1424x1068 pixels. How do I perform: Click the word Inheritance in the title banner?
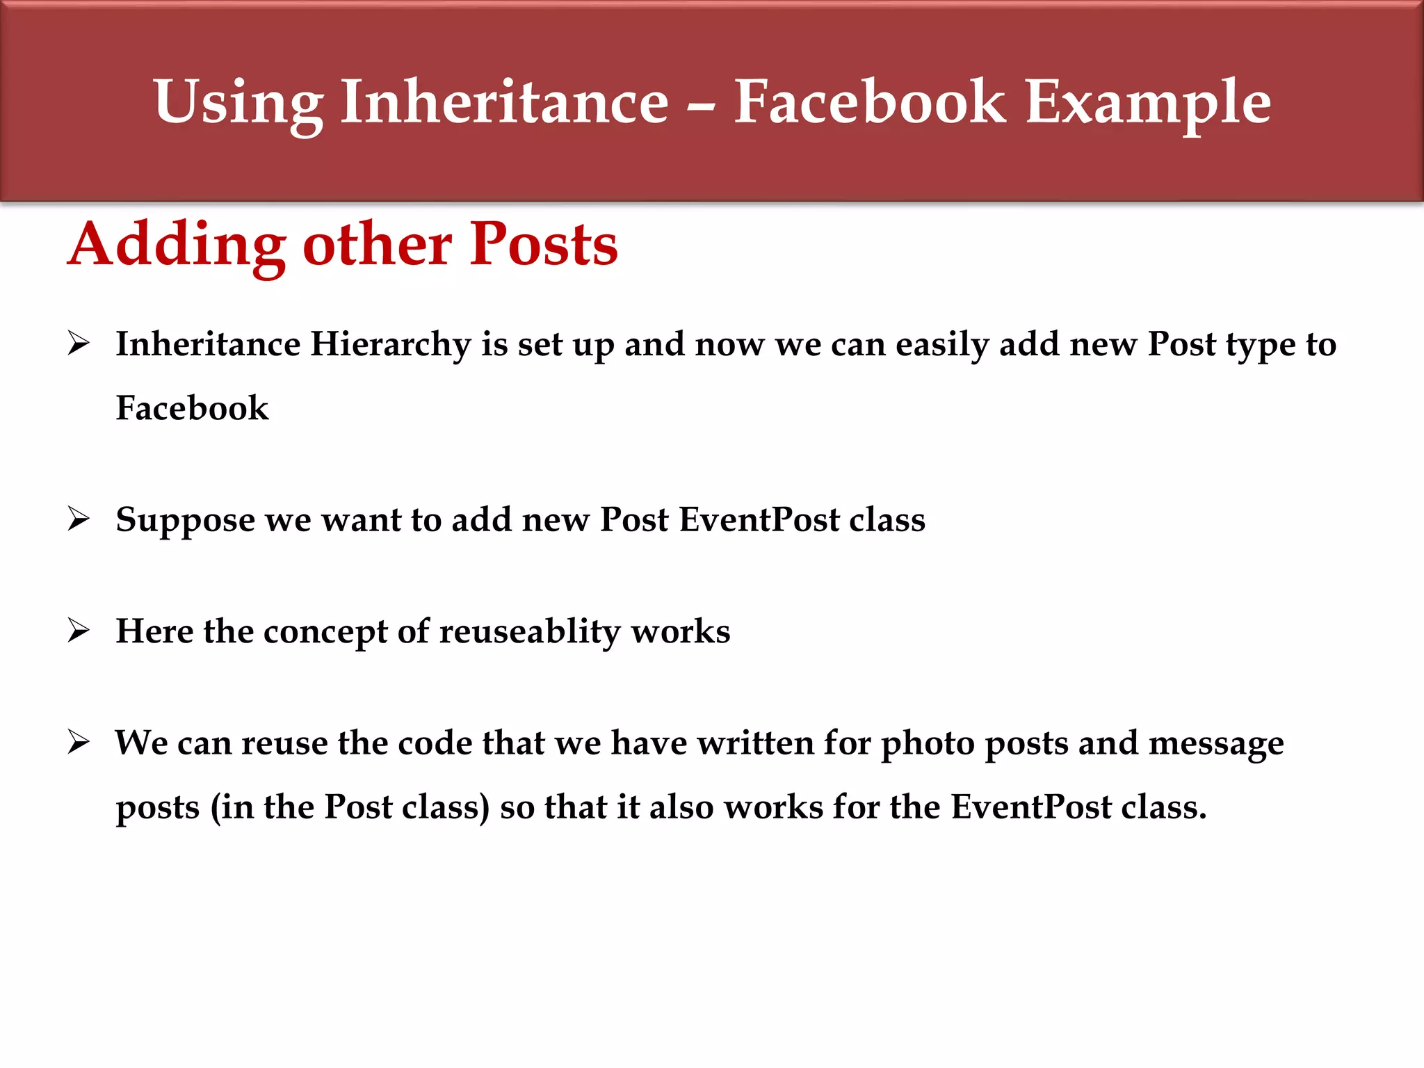click(504, 102)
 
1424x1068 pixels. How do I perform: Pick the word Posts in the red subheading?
click(544, 245)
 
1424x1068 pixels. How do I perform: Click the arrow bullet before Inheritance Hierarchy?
click(79, 343)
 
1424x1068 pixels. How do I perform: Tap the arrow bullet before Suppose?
click(79, 519)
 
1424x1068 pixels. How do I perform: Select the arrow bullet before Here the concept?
click(79, 631)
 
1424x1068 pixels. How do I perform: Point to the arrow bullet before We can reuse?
click(79, 743)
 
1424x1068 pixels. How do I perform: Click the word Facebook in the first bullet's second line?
click(192, 408)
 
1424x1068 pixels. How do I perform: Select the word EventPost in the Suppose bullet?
click(759, 520)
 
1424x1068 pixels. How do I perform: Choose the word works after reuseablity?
click(681, 631)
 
